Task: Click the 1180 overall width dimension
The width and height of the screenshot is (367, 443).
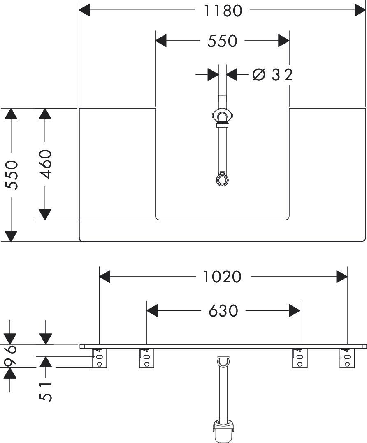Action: click(223, 11)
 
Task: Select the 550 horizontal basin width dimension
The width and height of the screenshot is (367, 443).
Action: click(222, 41)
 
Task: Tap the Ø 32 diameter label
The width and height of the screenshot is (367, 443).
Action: click(272, 75)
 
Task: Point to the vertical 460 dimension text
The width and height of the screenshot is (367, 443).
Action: click(45, 164)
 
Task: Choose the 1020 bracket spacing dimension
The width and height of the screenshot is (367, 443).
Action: click(223, 277)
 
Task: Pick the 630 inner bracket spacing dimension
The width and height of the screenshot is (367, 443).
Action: click(223, 311)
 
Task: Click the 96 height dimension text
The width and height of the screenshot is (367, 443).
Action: click(12, 356)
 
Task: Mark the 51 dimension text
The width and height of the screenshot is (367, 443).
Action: click(46, 392)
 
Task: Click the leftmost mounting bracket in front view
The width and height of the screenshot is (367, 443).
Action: click(99, 358)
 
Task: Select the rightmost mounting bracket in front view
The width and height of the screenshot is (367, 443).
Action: click(347, 358)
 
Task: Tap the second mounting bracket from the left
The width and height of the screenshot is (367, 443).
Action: click(147, 358)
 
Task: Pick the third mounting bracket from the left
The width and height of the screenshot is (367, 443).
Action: click(300, 358)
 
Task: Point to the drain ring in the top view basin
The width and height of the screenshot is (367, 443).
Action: click(222, 180)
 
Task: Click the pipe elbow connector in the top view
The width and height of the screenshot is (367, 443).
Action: click(222, 117)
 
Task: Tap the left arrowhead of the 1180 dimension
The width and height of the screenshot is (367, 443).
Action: click(84, 10)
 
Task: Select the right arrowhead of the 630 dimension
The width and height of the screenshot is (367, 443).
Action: click(294, 311)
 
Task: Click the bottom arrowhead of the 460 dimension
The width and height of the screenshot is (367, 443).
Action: click(45, 214)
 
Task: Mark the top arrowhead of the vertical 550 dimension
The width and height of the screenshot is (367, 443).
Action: click(11, 114)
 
